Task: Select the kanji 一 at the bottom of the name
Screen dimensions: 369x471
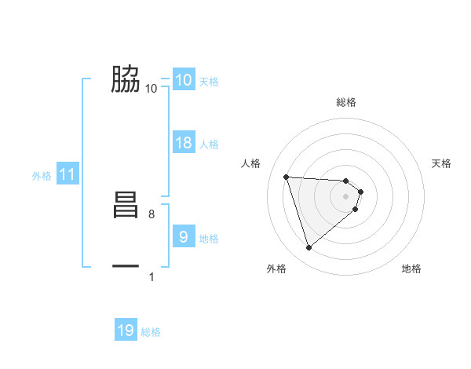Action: coord(126,267)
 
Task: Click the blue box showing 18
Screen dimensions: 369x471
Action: coord(184,143)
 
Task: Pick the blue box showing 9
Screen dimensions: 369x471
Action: coord(184,236)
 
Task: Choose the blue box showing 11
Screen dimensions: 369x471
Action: coord(68,175)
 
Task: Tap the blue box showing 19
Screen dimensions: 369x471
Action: coord(126,331)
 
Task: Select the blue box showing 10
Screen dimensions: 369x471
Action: coord(184,80)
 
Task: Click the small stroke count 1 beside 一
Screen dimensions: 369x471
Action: coord(152,276)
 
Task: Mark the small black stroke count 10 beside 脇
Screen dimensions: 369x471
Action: coord(152,89)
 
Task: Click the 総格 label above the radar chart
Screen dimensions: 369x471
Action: coord(346,102)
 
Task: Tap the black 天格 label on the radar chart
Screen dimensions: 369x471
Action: coord(442,163)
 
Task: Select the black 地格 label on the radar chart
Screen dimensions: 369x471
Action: coord(411,269)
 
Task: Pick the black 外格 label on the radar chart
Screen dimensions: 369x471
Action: coord(276,269)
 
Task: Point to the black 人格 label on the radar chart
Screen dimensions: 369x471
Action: coord(251,163)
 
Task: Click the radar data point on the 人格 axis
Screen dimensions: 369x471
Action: coord(287,177)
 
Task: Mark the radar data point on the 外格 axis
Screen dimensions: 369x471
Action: coord(309,248)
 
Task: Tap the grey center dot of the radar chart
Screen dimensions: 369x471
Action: coord(346,196)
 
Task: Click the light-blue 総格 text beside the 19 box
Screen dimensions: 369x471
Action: coord(151,332)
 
